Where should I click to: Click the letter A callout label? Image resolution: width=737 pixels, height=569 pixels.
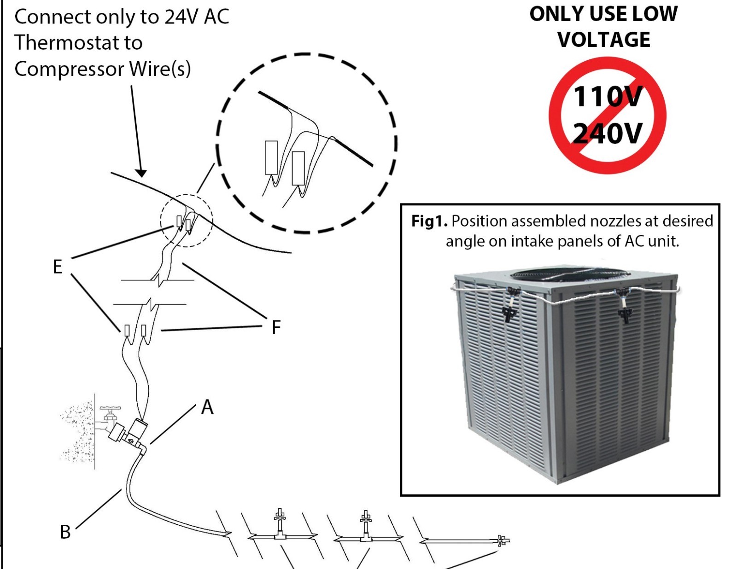point(207,407)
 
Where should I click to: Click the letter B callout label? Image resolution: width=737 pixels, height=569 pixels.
point(65,532)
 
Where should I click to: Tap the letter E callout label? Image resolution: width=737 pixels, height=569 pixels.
point(57,267)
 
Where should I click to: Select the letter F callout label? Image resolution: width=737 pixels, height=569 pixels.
point(276,328)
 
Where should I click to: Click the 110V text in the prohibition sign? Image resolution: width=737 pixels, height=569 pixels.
point(607,97)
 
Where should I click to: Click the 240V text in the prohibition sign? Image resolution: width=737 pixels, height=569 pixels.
point(607,134)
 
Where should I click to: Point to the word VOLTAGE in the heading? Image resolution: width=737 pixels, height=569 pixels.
point(604,40)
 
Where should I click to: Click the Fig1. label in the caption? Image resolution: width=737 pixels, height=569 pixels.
point(429,221)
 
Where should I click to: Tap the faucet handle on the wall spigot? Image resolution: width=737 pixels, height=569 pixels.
point(111,409)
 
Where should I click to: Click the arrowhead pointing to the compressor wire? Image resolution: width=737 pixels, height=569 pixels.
point(141,173)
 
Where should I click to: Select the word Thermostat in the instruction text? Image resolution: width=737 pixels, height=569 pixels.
point(78,43)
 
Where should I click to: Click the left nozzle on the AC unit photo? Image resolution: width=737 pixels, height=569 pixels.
point(509,313)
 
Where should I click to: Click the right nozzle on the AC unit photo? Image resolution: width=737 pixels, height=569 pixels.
point(625,314)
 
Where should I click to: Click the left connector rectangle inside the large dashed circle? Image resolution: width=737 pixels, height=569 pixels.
point(271,157)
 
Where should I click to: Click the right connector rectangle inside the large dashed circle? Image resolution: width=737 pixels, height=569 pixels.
point(298,168)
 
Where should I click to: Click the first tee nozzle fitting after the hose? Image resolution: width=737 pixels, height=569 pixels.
point(279,525)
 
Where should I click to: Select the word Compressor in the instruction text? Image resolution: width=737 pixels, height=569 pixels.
point(69,69)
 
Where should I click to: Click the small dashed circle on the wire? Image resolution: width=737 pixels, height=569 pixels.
point(187,221)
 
